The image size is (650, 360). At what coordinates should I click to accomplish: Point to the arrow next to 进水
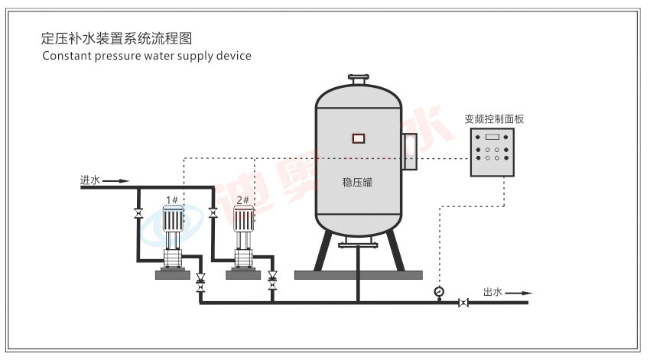[x=115, y=181]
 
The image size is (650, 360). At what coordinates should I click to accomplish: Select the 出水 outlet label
[x=492, y=292]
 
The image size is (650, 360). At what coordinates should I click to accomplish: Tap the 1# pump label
[x=172, y=200]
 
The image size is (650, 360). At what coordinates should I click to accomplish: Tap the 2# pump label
[x=243, y=200]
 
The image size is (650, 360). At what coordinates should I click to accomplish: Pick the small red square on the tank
[x=358, y=138]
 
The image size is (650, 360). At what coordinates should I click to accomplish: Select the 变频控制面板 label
[x=494, y=119]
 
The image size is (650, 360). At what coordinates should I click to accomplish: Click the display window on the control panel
[x=492, y=137]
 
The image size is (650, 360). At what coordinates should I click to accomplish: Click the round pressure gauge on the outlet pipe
[x=439, y=291]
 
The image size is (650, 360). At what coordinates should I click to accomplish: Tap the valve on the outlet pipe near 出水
[x=463, y=303]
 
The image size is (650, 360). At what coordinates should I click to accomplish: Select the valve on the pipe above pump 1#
[x=138, y=214]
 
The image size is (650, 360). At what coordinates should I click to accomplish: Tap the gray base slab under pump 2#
[x=244, y=274]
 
